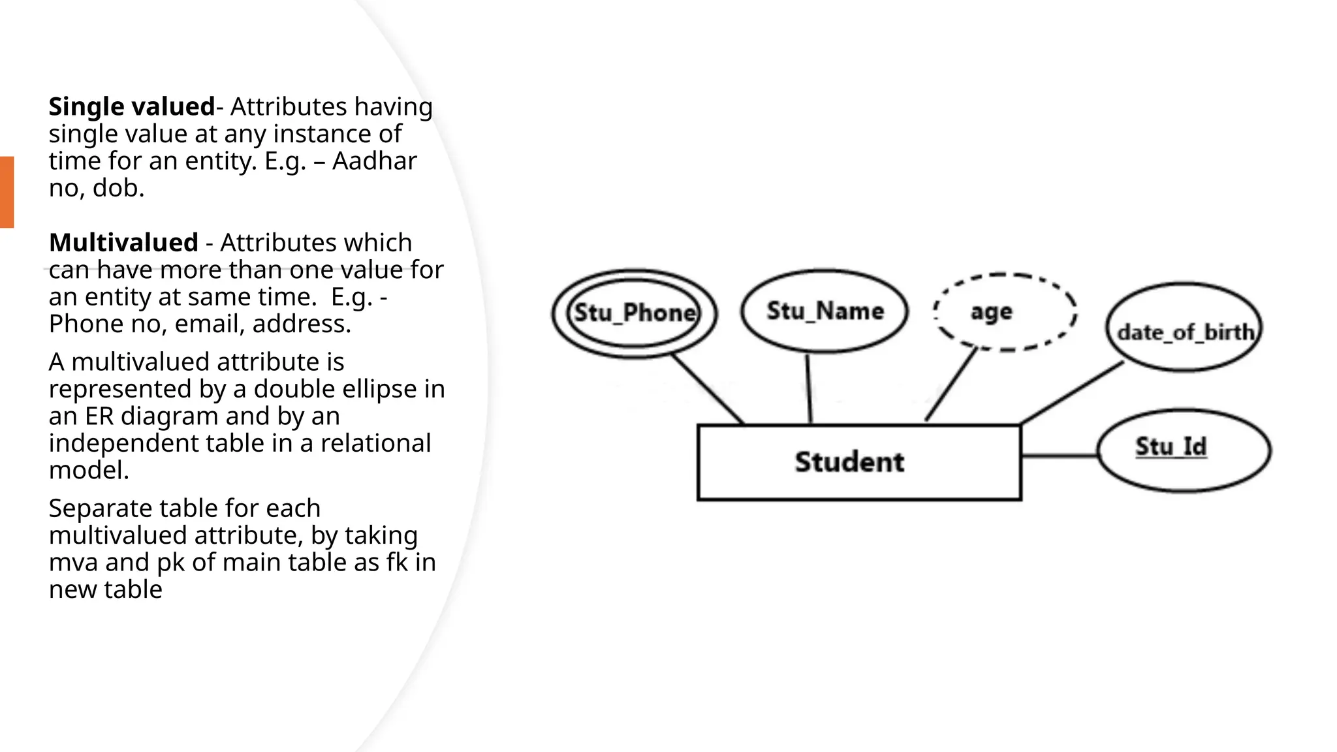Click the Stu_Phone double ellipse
click(634, 313)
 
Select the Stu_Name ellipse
click(825, 311)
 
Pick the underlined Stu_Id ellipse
click(1184, 450)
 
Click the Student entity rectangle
click(858, 462)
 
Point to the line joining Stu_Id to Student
click(1059, 455)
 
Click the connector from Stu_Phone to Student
click(708, 389)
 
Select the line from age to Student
click(951, 385)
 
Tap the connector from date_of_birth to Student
click(1071, 393)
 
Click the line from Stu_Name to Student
click(809, 389)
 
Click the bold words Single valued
click(131, 106)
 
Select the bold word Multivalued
click(123, 243)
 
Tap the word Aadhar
click(374, 161)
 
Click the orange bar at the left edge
click(7, 192)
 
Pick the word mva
click(72, 563)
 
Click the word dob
click(118, 188)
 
